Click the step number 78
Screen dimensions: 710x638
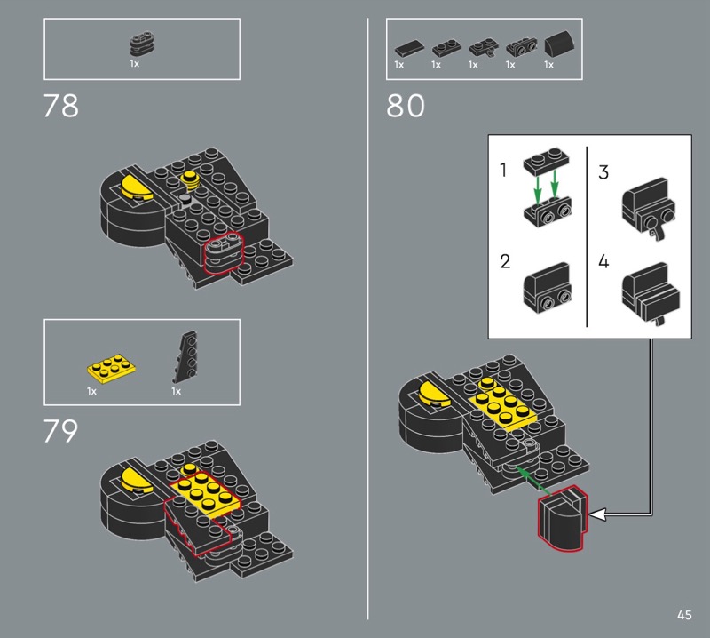coord(60,106)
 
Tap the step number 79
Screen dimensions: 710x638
coord(60,431)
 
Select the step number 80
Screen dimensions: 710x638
coord(406,106)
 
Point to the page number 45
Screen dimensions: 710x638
coord(684,615)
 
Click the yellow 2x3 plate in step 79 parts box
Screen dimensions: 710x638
coord(112,366)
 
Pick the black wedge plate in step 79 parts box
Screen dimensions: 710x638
coord(185,356)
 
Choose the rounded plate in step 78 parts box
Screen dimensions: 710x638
coord(143,44)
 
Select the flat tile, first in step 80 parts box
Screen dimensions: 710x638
coord(409,48)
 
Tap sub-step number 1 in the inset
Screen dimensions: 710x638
coord(502,170)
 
